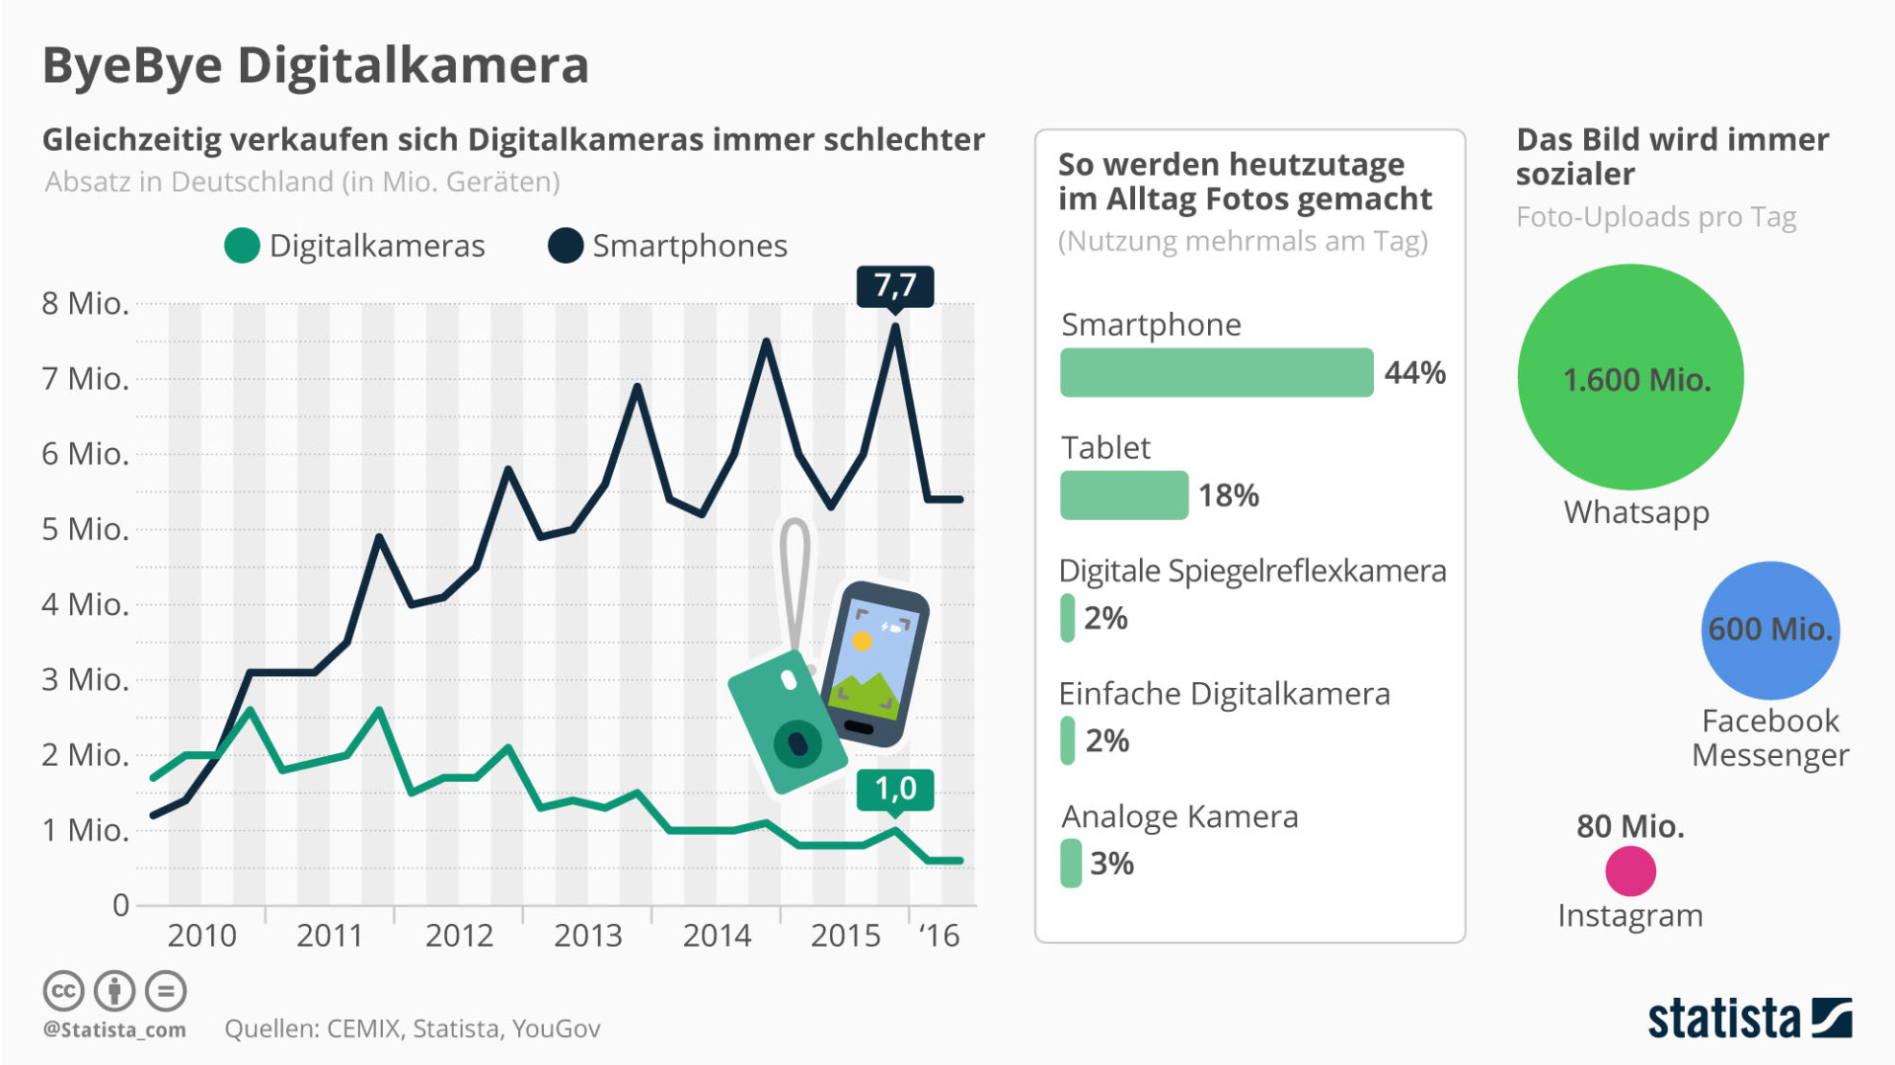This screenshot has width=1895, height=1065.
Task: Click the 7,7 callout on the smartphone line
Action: click(x=894, y=286)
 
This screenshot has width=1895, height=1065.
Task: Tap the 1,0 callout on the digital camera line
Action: click(x=894, y=789)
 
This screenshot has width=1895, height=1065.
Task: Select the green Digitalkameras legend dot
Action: click(x=242, y=246)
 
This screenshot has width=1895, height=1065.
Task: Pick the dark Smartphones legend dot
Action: click(x=566, y=246)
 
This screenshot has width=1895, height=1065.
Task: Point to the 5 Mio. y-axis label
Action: click(x=85, y=529)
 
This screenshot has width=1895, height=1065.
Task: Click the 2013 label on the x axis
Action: click(x=587, y=935)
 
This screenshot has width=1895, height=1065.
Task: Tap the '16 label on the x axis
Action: click(x=939, y=935)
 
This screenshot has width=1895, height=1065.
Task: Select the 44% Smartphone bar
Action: click(x=1216, y=372)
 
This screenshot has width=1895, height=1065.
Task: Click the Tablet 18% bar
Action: click(x=1123, y=495)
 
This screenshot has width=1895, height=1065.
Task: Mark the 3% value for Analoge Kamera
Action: click(x=1111, y=864)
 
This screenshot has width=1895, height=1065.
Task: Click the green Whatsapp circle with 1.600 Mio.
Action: click(x=1630, y=377)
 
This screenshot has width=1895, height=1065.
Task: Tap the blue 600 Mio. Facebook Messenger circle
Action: click(x=1770, y=630)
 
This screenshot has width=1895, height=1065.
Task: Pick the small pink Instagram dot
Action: click(x=1630, y=872)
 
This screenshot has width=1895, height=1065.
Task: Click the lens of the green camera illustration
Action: click(x=797, y=743)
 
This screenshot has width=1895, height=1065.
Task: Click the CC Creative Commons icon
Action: click(x=63, y=991)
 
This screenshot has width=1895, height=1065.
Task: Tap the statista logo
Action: click(x=1748, y=1019)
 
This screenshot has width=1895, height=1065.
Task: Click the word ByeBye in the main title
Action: click(x=132, y=66)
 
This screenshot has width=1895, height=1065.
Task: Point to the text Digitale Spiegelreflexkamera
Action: click(x=1251, y=571)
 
